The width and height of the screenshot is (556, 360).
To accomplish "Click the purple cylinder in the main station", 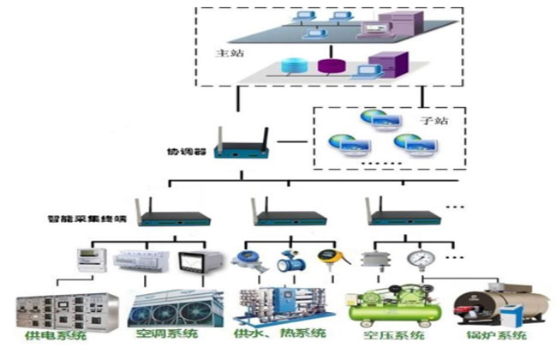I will [326, 65].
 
